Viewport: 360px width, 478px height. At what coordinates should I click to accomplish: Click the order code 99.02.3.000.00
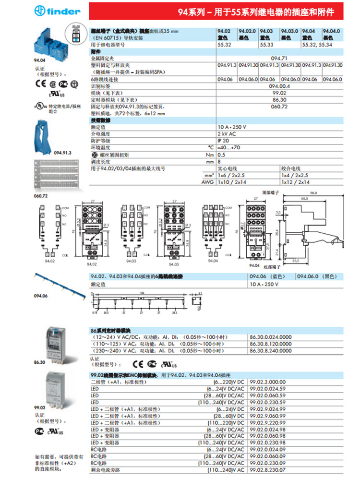point(269,381)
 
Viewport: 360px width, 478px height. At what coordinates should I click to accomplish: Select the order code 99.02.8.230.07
point(269,470)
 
